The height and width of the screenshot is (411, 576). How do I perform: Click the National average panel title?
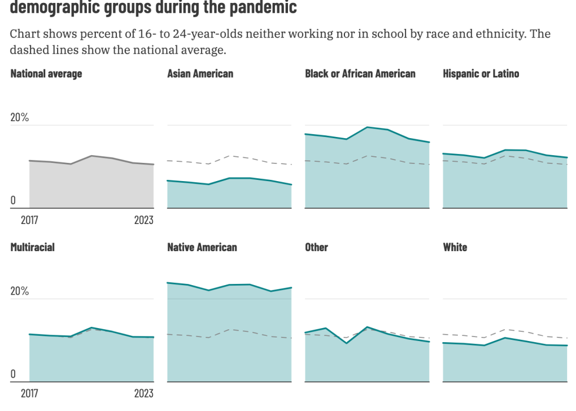(x=46, y=73)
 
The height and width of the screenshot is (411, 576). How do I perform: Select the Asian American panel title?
(x=200, y=73)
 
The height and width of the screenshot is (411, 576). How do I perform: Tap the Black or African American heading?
(x=360, y=73)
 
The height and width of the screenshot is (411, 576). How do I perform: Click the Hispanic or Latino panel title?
(x=481, y=73)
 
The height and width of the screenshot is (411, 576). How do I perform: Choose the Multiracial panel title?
(x=32, y=247)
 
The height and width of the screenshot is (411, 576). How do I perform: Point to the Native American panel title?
(x=202, y=247)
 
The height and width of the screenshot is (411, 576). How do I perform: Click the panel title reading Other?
(x=316, y=247)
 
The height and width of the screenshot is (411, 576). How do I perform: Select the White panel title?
(x=455, y=247)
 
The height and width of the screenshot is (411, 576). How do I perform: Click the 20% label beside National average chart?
(x=19, y=118)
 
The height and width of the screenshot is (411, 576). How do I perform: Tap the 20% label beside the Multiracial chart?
(x=19, y=292)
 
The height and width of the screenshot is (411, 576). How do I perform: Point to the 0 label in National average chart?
(x=13, y=201)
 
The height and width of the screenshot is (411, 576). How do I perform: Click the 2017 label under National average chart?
(x=29, y=220)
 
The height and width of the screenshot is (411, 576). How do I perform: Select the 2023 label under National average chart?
(x=143, y=220)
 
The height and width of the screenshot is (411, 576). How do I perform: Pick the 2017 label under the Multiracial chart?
(x=29, y=393)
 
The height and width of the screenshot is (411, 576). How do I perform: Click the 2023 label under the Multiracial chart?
(x=143, y=393)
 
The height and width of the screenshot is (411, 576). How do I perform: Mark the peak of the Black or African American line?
(x=367, y=127)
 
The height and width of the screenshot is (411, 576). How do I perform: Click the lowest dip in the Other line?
(x=346, y=343)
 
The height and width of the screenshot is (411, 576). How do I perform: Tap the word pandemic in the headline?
(x=262, y=8)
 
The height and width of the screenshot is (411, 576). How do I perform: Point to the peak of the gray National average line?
(x=91, y=156)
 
